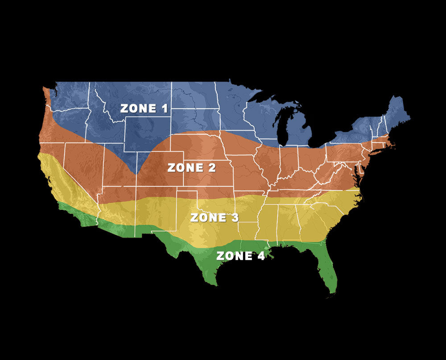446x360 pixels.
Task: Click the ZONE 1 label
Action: [138, 108]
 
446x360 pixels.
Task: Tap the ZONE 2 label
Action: [191, 168]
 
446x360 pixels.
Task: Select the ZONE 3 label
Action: [214, 218]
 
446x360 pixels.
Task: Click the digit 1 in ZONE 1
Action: [153, 108]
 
